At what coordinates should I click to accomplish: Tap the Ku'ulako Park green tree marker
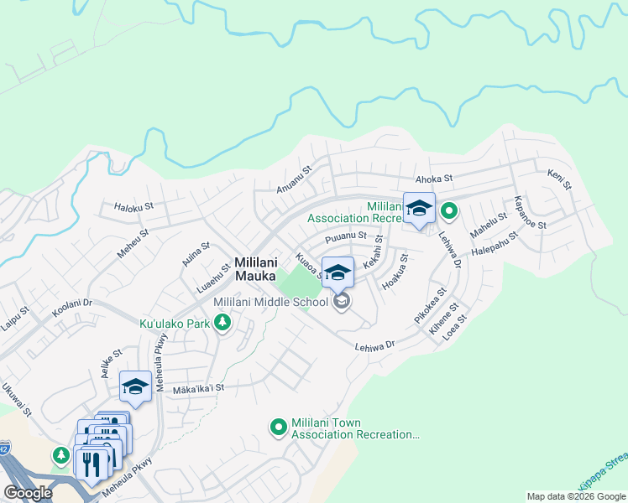coord(222,323)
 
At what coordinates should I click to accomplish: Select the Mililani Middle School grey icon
coord(341,301)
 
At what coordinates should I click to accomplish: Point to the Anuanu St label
coord(295,179)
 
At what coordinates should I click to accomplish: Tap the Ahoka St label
coord(434,179)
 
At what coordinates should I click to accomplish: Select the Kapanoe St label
coord(530,215)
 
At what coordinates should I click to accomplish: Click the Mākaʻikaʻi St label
coord(198,388)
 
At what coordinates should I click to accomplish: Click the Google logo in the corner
coord(28,493)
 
